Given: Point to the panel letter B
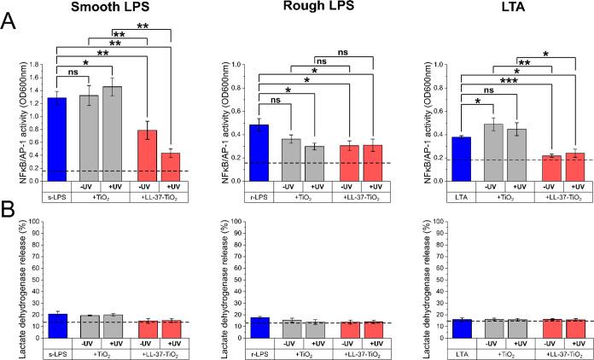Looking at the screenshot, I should [9, 208].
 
